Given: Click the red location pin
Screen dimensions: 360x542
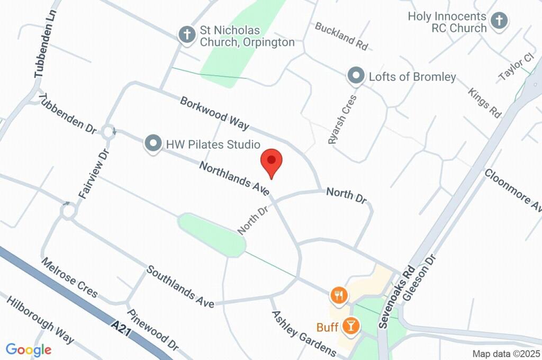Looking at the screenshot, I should (x=272, y=161).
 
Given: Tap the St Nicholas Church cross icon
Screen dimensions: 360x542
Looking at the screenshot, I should (x=186, y=35).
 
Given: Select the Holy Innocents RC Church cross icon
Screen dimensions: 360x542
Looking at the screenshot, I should (x=499, y=21).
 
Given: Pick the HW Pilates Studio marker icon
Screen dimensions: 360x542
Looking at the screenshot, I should (x=153, y=143).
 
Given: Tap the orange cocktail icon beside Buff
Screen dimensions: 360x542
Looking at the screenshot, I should (x=350, y=325).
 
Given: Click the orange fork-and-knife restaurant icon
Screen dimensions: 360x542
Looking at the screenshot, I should (x=339, y=295).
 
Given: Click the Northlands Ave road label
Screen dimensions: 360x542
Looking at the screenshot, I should (x=234, y=178).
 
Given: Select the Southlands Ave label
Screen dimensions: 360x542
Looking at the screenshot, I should (x=180, y=286).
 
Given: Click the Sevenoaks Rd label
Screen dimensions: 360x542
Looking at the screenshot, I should (x=396, y=296).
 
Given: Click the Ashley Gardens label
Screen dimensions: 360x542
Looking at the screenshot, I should (x=304, y=334).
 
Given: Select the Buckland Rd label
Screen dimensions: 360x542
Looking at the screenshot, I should (x=341, y=36).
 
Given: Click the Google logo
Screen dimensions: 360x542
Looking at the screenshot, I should (x=29, y=349).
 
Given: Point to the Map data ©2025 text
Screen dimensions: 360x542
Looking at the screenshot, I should (x=506, y=354).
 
